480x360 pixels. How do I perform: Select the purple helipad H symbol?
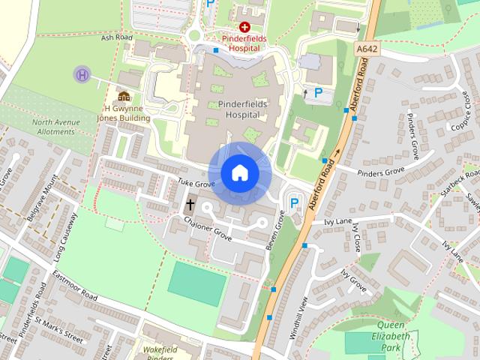coord(82,74)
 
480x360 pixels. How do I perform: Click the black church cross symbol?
coord(190,204)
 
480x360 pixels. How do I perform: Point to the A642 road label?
coord(365,49)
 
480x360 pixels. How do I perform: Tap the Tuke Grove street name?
coord(196,183)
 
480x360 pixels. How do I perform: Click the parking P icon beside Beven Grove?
coord(294,203)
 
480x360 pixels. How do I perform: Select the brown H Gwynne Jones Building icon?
coord(124,96)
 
